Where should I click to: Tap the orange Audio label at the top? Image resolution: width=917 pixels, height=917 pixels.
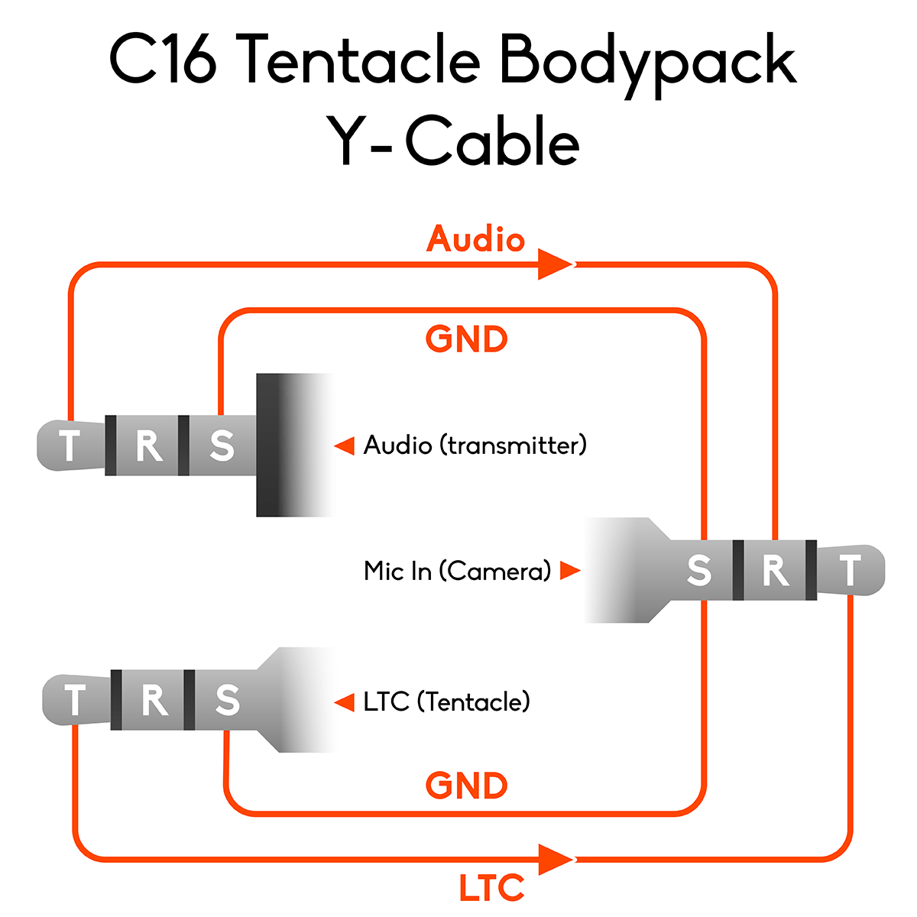pyautogui.click(x=475, y=239)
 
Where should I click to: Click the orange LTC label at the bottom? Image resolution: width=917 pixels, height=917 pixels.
pyautogui.click(x=491, y=888)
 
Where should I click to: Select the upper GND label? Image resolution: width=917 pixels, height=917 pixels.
pyautogui.click(x=466, y=339)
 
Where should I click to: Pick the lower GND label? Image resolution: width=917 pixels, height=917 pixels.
pyautogui.click(x=466, y=786)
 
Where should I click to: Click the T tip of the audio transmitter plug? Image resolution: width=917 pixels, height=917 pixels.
pyautogui.click(x=70, y=446)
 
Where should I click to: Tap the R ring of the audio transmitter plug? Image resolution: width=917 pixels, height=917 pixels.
pyautogui.click(x=148, y=446)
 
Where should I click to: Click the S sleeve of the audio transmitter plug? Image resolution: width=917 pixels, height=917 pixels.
pyautogui.click(x=222, y=446)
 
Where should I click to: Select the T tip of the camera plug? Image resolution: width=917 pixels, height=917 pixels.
pyautogui.click(x=850, y=570)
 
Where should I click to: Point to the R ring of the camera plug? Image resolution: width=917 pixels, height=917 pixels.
pyautogui.click(x=775, y=570)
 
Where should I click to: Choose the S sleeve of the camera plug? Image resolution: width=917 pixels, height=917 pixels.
pyautogui.click(x=699, y=570)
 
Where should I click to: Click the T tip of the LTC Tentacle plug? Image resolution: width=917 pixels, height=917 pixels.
pyautogui.click(x=75, y=700)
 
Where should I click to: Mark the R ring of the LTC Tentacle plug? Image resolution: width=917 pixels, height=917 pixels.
pyautogui.click(x=154, y=700)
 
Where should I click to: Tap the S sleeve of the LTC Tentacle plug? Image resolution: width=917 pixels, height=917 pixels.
pyautogui.click(x=227, y=700)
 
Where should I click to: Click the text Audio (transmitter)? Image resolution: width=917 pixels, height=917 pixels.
pyautogui.click(x=475, y=445)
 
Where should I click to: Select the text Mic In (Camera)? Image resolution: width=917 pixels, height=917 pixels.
pyautogui.click(x=457, y=571)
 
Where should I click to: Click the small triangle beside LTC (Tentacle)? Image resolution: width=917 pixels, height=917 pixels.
pyautogui.click(x=345, y=702)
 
